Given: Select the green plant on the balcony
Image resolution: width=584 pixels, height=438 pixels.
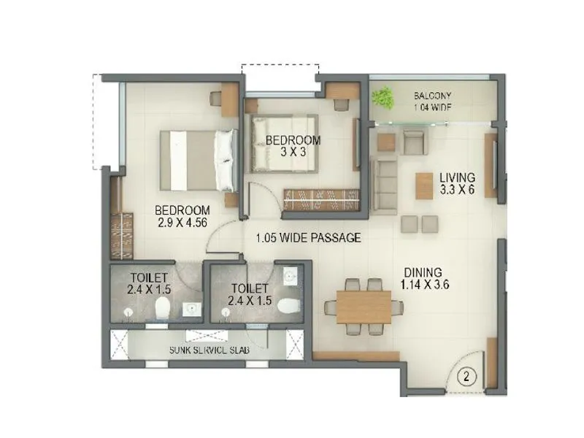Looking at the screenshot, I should pos(383,97).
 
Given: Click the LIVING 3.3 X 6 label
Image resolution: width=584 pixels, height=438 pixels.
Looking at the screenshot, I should pos(458,183).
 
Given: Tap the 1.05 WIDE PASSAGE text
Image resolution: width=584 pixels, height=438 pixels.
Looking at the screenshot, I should pos(308,238).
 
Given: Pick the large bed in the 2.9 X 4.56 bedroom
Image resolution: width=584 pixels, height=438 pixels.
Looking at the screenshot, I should pos(198,160).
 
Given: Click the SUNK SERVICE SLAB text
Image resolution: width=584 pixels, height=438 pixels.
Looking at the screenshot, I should pos(210,351).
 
